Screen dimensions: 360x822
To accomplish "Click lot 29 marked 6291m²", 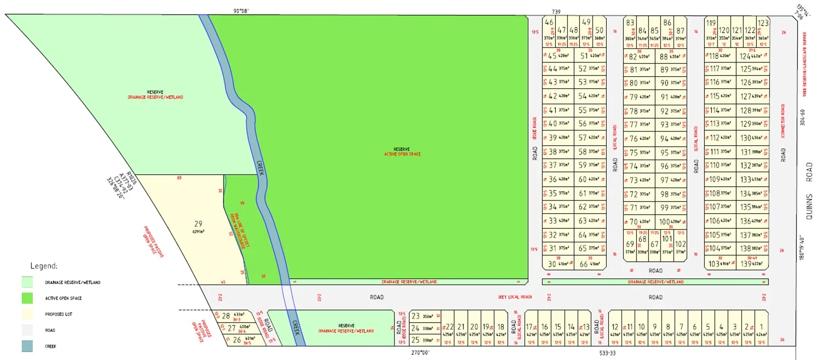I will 198,224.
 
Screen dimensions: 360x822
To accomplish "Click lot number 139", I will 745,264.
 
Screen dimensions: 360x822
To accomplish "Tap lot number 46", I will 549,22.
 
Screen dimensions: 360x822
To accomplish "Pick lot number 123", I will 763,23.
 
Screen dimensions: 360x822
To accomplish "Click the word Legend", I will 43,266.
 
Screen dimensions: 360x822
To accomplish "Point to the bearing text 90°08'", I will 241,10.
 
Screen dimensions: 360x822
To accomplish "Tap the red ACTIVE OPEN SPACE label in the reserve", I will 402,154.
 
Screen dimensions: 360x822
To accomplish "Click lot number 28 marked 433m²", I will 226,315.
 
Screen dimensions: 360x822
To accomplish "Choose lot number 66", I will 584,264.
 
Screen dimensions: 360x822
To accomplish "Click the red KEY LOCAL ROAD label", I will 515,298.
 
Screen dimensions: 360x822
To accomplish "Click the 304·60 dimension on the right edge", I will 803,118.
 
